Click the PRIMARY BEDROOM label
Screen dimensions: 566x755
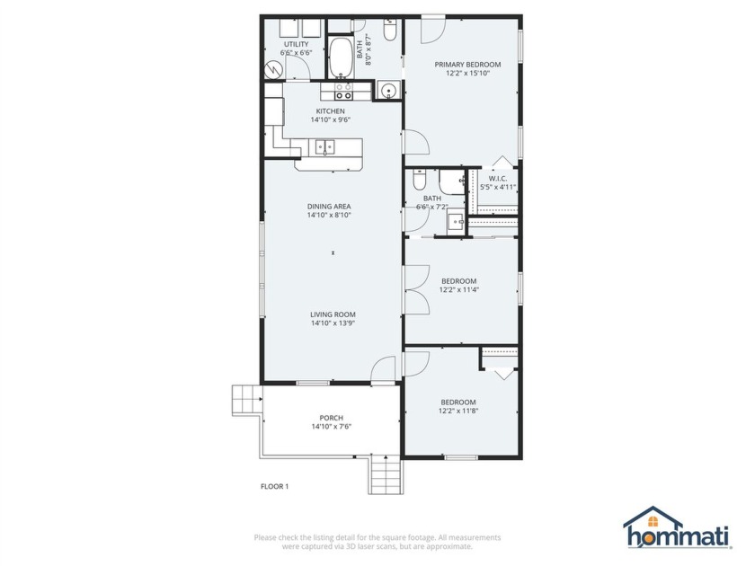point(467,65)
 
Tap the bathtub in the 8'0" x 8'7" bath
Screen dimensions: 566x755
point(341,58)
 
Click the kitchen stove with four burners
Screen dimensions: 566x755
point(343,91)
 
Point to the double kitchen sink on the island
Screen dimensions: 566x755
point(324,146)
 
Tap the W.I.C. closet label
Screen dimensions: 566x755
point(498,178)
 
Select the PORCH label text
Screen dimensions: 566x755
point(331,418)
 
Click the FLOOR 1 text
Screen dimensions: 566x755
point(274,486)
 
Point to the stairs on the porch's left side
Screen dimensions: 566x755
point(245,397)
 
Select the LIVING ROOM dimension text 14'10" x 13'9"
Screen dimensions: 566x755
point(333,323)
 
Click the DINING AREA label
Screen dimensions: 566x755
point(329,206)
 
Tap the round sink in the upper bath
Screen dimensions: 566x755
point(387,90)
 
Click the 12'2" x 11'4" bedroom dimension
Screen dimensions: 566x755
point(458,289)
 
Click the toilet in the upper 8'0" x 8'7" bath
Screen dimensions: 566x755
point(390,32)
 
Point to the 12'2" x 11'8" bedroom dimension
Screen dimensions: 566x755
point(458,411)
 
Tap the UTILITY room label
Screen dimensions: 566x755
point(296,44)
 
